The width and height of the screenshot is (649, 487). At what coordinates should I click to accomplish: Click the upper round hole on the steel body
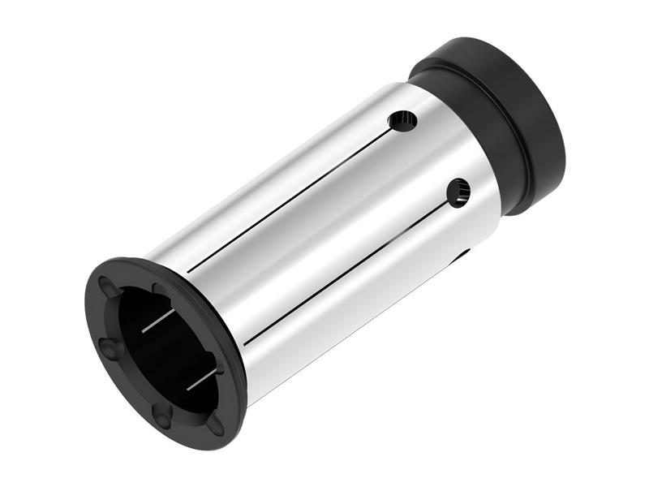pyautogui.click(x=402, y=122)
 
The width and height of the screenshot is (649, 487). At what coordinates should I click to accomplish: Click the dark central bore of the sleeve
pyautogui.click(x=166, y=349)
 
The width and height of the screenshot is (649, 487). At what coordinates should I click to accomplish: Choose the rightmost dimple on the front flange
pyautogui.click(x=215, y=426)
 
